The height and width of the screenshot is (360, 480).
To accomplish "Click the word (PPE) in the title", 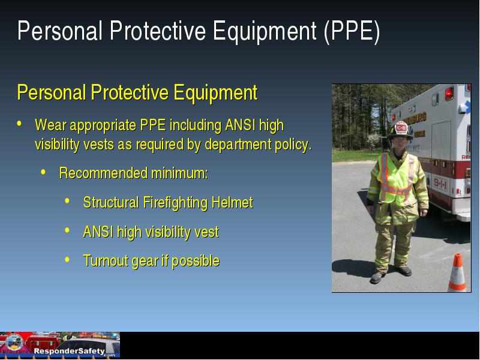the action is click(352, 31).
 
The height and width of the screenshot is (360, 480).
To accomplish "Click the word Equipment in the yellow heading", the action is click(215, 92).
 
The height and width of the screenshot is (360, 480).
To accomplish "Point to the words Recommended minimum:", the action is click(134, 173).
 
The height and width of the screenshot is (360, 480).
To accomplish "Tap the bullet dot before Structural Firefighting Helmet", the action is click(67, 201).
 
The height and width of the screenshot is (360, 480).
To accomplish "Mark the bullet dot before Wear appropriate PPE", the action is click(19, 124).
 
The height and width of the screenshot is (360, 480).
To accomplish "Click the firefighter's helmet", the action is click(400, 130).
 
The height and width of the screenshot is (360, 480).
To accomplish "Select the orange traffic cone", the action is click(457, 272).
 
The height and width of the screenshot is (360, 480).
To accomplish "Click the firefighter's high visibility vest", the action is click(397, 179).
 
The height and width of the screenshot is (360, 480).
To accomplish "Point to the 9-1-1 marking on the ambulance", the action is click(440, 184).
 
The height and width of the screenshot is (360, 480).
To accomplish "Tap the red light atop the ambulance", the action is click(449, 93).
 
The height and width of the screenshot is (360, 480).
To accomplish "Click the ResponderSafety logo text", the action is click(70, 351).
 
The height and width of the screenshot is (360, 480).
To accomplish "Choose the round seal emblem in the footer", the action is click(14, 342).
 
